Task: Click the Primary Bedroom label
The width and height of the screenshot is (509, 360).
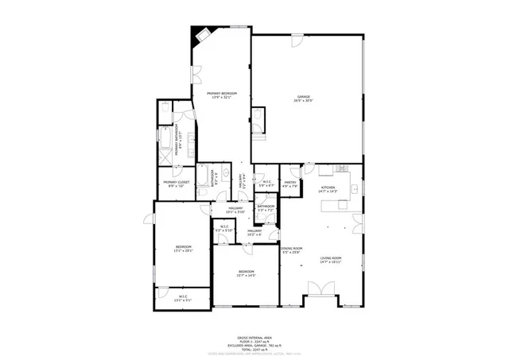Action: tap(222, 95)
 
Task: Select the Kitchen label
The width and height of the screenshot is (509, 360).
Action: tap(328, 189)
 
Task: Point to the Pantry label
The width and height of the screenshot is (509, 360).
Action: tap(290, 184)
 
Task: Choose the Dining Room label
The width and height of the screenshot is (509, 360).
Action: tap(292, 250)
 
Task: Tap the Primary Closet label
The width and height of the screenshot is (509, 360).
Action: tap(176, 184)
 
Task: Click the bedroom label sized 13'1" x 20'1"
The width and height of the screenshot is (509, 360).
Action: tap(184, 249)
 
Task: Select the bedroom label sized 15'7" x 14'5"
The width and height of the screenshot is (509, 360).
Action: tap(246, 274)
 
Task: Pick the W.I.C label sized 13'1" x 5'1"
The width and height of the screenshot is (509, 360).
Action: tap(183, 299)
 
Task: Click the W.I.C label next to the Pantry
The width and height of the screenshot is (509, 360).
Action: tap(267, 184)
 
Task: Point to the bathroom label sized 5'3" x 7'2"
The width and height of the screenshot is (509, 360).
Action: tap(266, 208)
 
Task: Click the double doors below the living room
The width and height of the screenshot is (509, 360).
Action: tap(322, 300)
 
